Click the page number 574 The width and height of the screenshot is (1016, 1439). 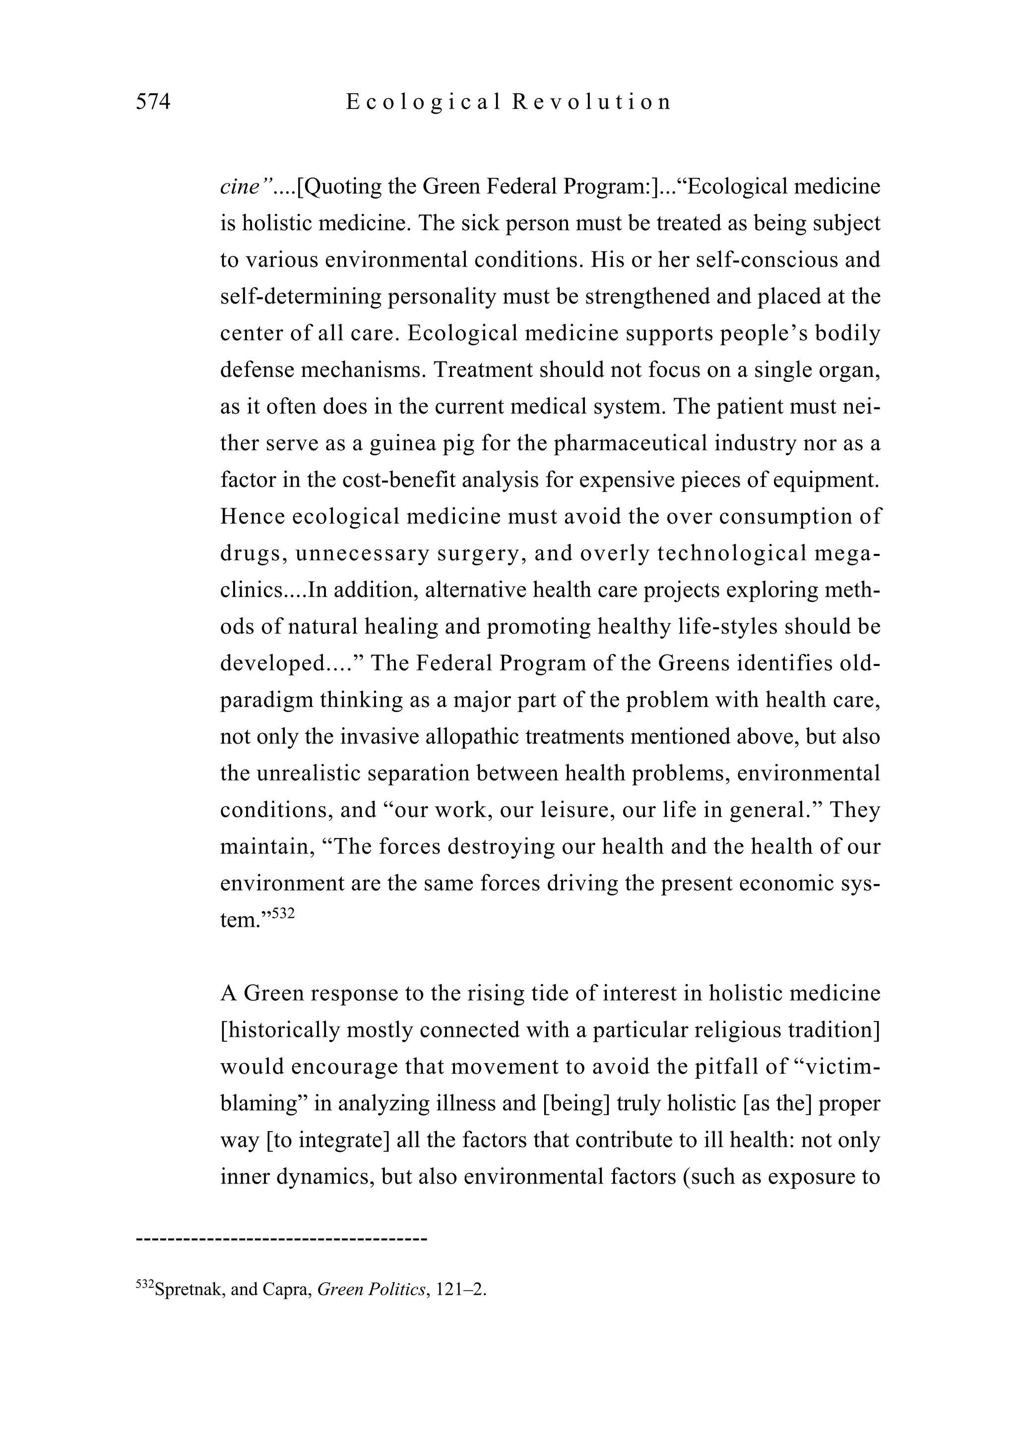[x=153, y=102]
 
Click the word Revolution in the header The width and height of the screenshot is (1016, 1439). [x=591, y=102]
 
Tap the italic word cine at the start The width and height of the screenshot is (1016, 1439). [x=240, y=187]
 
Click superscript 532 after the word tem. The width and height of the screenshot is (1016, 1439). [x=283, y=913]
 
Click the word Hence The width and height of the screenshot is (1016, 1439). [x=252, y=517]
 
